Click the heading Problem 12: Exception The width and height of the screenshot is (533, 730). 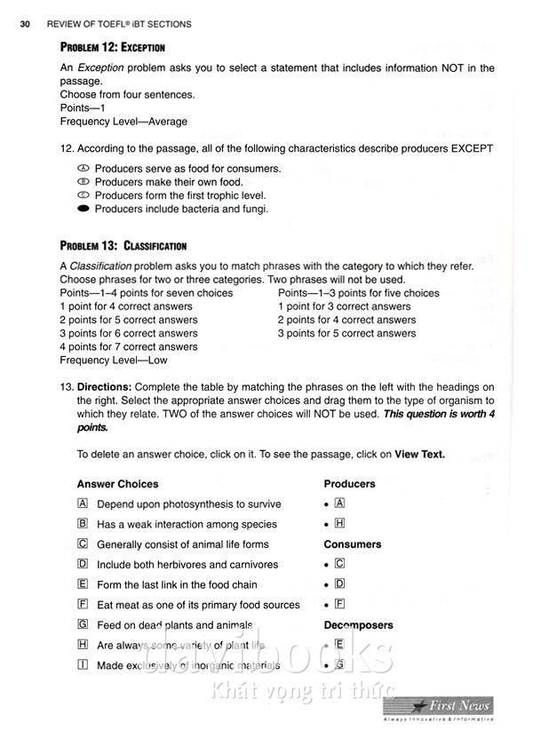(x=112, y=47)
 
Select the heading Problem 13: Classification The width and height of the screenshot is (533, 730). (x=123, y=246)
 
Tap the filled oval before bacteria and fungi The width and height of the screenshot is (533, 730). (x=84, y=209)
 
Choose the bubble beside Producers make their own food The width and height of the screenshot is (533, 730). (x=84, y=182)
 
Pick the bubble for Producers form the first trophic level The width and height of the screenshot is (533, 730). (x=84, y=195)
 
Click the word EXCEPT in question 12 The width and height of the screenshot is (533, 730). (x=465, y=148)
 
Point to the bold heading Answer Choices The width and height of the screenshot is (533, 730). (x=117, y=484)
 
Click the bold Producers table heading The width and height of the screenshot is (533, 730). (x=349, y=484)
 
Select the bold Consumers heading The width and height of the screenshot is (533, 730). (x=352, y=544)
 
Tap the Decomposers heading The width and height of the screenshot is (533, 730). (x=358, y=625)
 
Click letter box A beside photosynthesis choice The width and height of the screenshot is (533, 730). (x=83, y=504)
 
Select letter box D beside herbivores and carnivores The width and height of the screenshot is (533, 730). (x=83, y=564)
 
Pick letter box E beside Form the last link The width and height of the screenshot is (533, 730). (x=83, y=584)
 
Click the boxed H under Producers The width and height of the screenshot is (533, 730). (x=339, y=524)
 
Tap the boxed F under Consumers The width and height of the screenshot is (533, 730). (x=339, y=605)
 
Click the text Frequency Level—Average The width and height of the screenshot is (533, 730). (x=123, y=122)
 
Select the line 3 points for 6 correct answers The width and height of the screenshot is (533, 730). (x=128, y=333)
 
